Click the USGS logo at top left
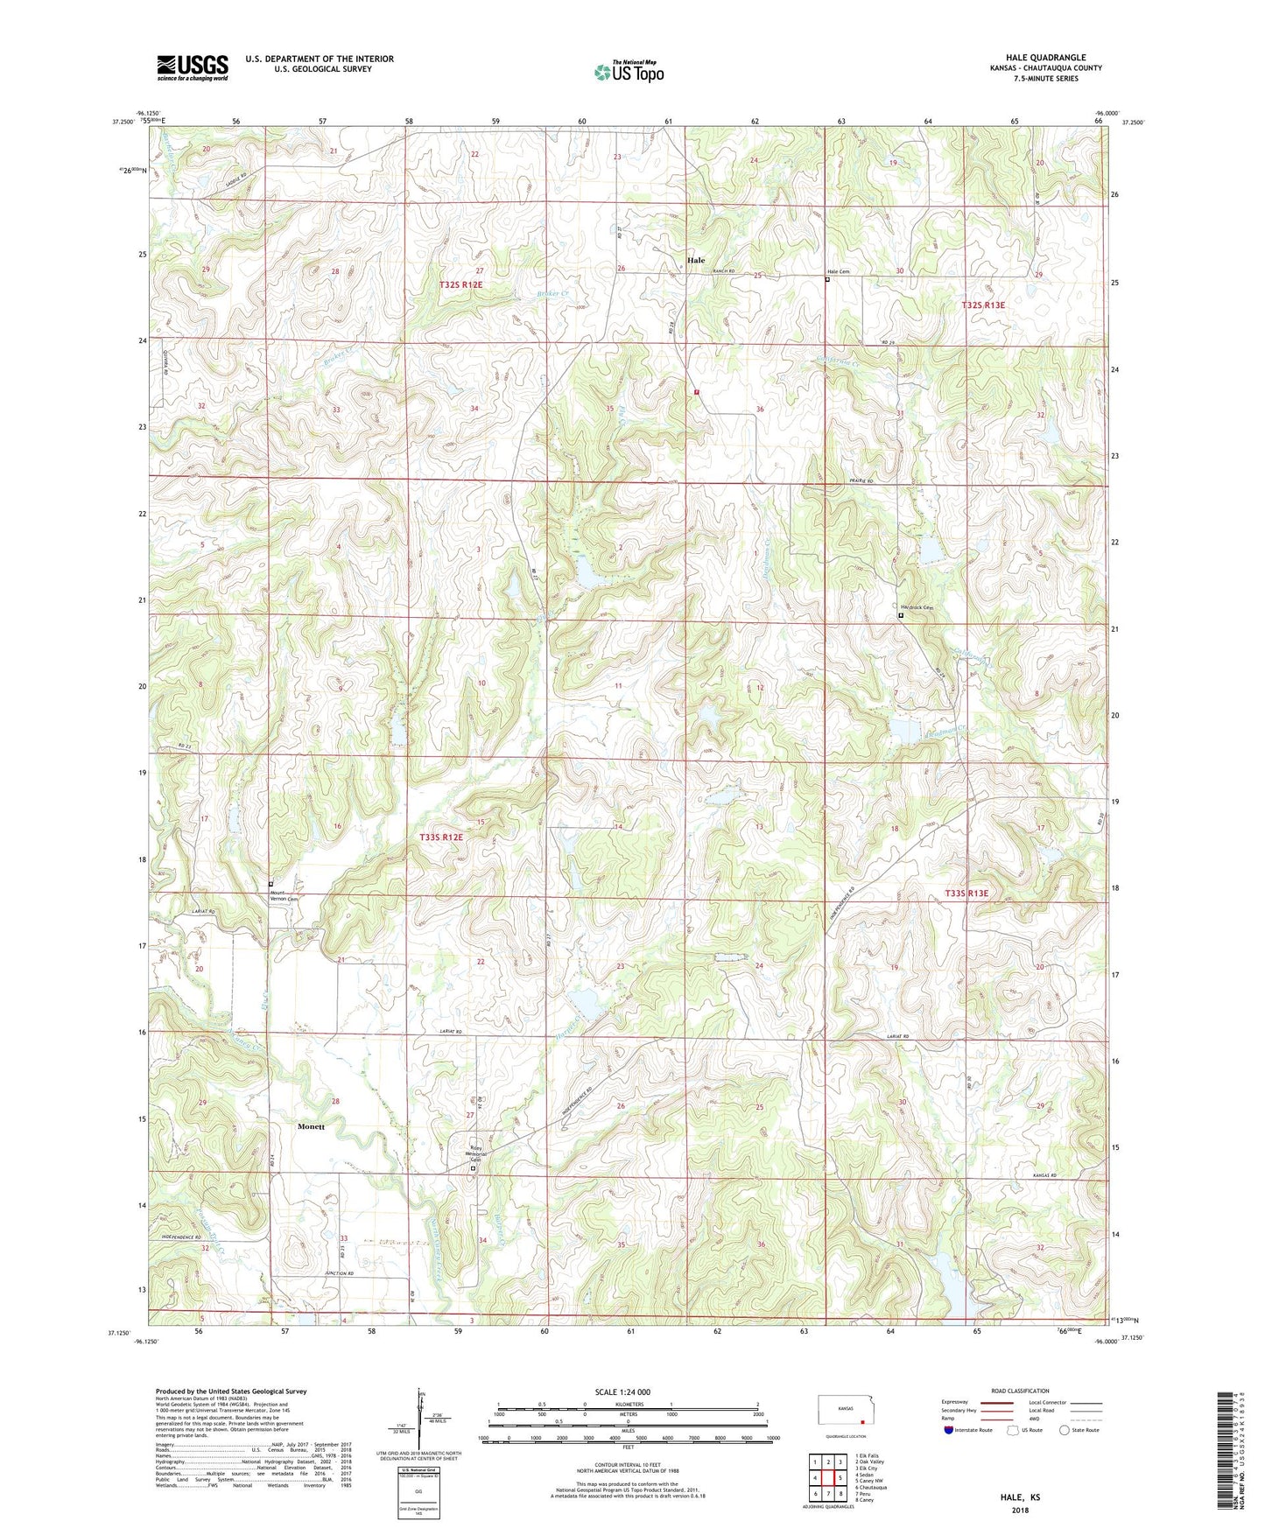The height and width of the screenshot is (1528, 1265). click(x=193, y=67)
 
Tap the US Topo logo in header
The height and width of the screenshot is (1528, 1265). click(x=629, y=71)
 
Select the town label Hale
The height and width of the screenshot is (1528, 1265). click(x=696, y=260)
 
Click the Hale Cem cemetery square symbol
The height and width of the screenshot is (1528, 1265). click(x=828, y=281)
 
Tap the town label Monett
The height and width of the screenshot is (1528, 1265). click(x=310, y=1126)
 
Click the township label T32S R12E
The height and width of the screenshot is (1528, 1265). click(x=462, y=285)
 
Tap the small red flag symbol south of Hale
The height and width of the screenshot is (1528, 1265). click(x=697, y=392)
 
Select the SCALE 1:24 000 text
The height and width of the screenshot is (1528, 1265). click(x=622, y=1392)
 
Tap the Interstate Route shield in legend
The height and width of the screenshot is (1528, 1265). click(x=950, y=1430)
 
